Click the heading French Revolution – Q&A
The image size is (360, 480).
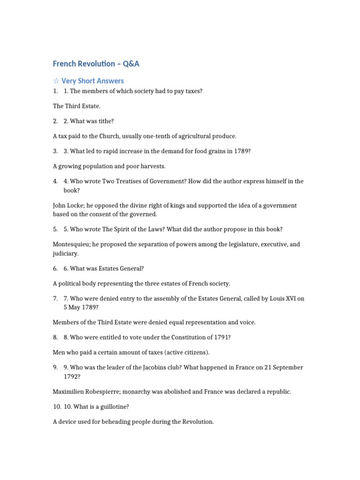tap(96, 64)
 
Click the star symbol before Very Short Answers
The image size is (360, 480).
tap(56, 81)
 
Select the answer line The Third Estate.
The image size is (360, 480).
tap(77, 106)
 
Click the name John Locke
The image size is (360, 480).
tap(68, 205)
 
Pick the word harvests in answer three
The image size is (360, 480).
tap(150, 166)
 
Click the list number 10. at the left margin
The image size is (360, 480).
tap(57, 406)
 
